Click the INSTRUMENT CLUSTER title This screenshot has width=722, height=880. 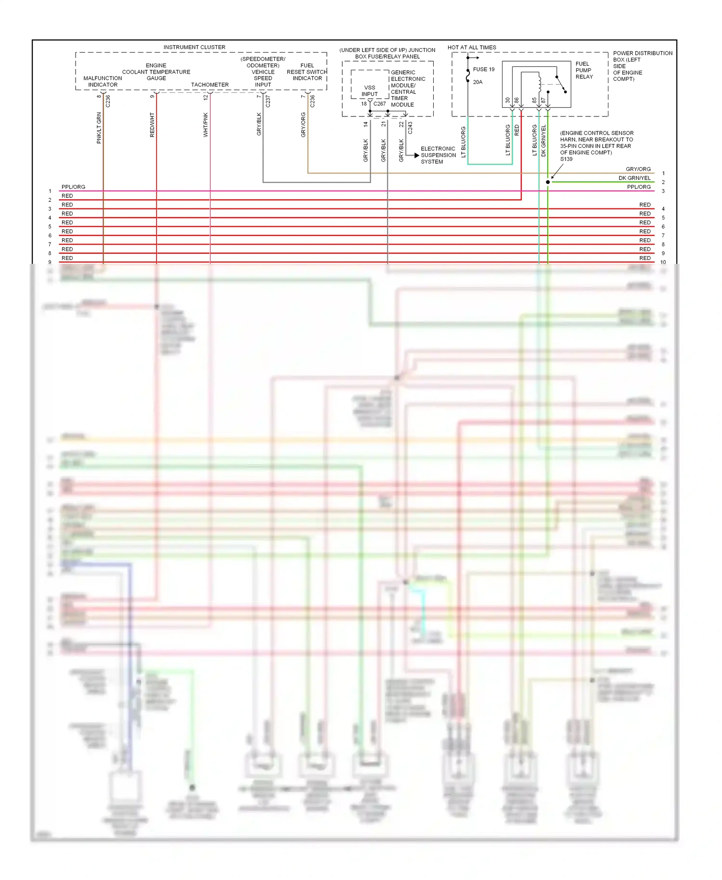point(194,47)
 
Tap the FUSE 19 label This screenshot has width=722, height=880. point(483,69)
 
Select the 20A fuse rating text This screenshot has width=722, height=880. point(477,82)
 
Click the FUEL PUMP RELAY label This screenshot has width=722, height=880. point(584,70)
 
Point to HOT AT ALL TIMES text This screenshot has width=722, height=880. point(472,47)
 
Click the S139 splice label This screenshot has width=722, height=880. point(566,159)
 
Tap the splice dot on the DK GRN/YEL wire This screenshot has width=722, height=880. point(548,182)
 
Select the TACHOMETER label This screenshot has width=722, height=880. point(210,85)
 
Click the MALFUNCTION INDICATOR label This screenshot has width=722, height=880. point(103,81)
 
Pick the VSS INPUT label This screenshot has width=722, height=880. point(370,91)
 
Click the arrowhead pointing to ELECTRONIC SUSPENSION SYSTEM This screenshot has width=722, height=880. point(416,155)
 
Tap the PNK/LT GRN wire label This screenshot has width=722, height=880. point(99,128)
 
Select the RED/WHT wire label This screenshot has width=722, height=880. point(152,125)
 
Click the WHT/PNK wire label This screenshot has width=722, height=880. point(206,125)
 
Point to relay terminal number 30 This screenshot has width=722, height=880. point(507,101)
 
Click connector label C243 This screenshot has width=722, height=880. point(410,128)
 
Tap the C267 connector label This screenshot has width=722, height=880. point(380,104)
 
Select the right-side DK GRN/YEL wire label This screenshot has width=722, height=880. point(634,178)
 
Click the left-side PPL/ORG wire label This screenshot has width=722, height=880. point(73,187)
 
